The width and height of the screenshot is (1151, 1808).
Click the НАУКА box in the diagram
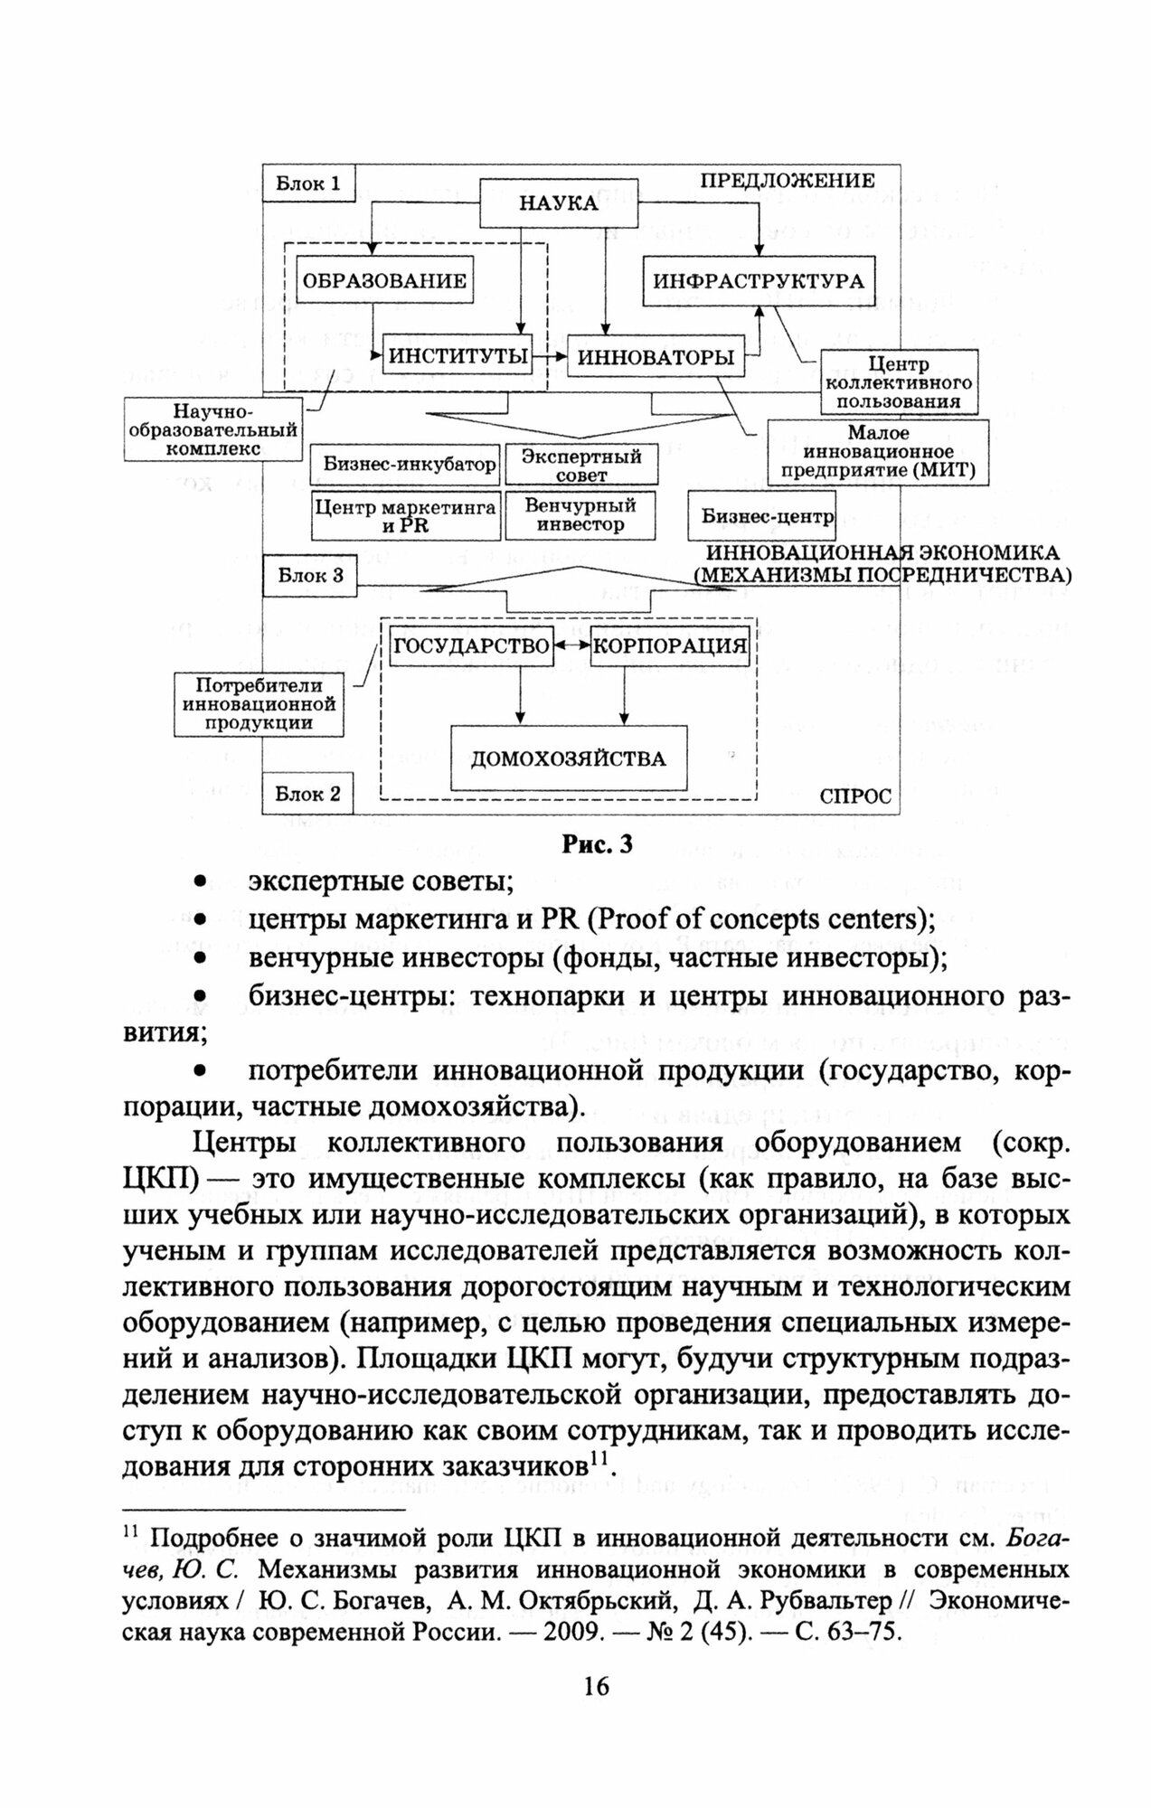click(558, 202)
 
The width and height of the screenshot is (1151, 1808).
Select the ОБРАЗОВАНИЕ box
click(384, 280)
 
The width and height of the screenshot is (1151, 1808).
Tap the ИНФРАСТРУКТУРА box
click(759, 280)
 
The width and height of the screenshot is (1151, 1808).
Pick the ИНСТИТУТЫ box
click(458, 356)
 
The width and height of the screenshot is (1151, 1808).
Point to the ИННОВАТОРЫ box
click(656, 357)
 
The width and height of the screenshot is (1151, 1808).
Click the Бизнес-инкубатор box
click(404, 465)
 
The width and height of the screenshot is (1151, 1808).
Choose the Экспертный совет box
click(580, 465)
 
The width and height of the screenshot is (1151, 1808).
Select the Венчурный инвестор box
click(580, 515)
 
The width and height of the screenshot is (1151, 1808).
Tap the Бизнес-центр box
click(762, 516)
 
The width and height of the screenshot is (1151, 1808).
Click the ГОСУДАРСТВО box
click(471, 645)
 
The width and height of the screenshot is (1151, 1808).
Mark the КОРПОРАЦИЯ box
click(670, 645)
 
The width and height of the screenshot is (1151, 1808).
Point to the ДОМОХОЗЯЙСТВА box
click(568, 758)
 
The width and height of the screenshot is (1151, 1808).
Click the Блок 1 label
click(308, 184)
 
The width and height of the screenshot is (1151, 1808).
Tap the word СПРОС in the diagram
click(854, 796)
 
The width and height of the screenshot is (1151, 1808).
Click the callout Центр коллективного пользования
click(899, 382)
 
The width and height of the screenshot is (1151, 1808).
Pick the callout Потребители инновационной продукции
click(259, 703)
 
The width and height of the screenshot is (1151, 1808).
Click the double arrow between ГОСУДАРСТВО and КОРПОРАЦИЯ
click(571, 645)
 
